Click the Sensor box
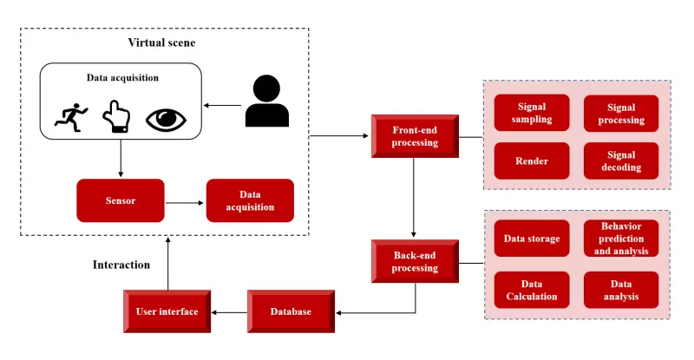(x=120, y=200)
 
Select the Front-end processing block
(x=415, y=136)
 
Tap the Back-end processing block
(x=415, y=262)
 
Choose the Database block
(x=291, y=311)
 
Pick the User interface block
(x=167, y=311)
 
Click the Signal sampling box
(x=532, y=113)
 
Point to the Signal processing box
(x=621, y=113)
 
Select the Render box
(x=532, y=160)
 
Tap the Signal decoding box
(x=621, y=160)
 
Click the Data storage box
(x=532, y=239)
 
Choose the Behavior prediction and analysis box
(x=621, y=239)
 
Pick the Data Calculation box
(x=532, y=290)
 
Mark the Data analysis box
(x=621, y=290)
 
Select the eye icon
(x=167, y=118)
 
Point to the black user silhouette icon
(x=266, y=102)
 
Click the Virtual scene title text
(x=165, y=43)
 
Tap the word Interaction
(x=121, y=265)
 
